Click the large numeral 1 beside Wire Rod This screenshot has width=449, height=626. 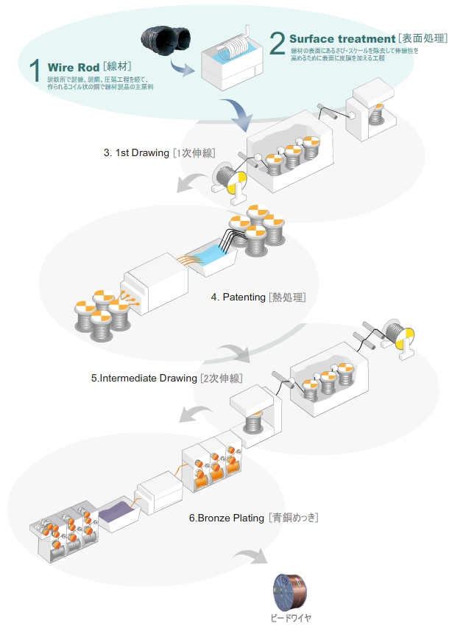coord(34,70)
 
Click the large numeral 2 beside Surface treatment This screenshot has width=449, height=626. coord(277,43)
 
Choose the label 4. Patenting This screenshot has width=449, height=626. coord(238,298)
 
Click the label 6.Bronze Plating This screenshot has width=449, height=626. coord(226,518)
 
